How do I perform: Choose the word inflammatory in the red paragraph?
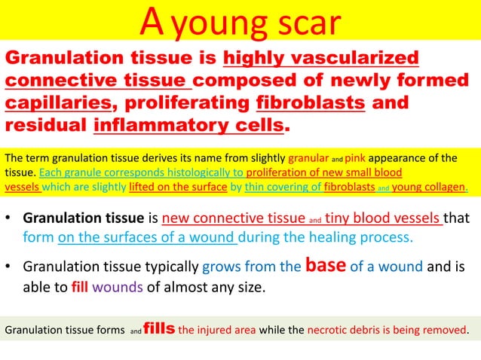point(164,123)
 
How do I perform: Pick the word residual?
point(45,123)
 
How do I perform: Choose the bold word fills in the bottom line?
point(158,328)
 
